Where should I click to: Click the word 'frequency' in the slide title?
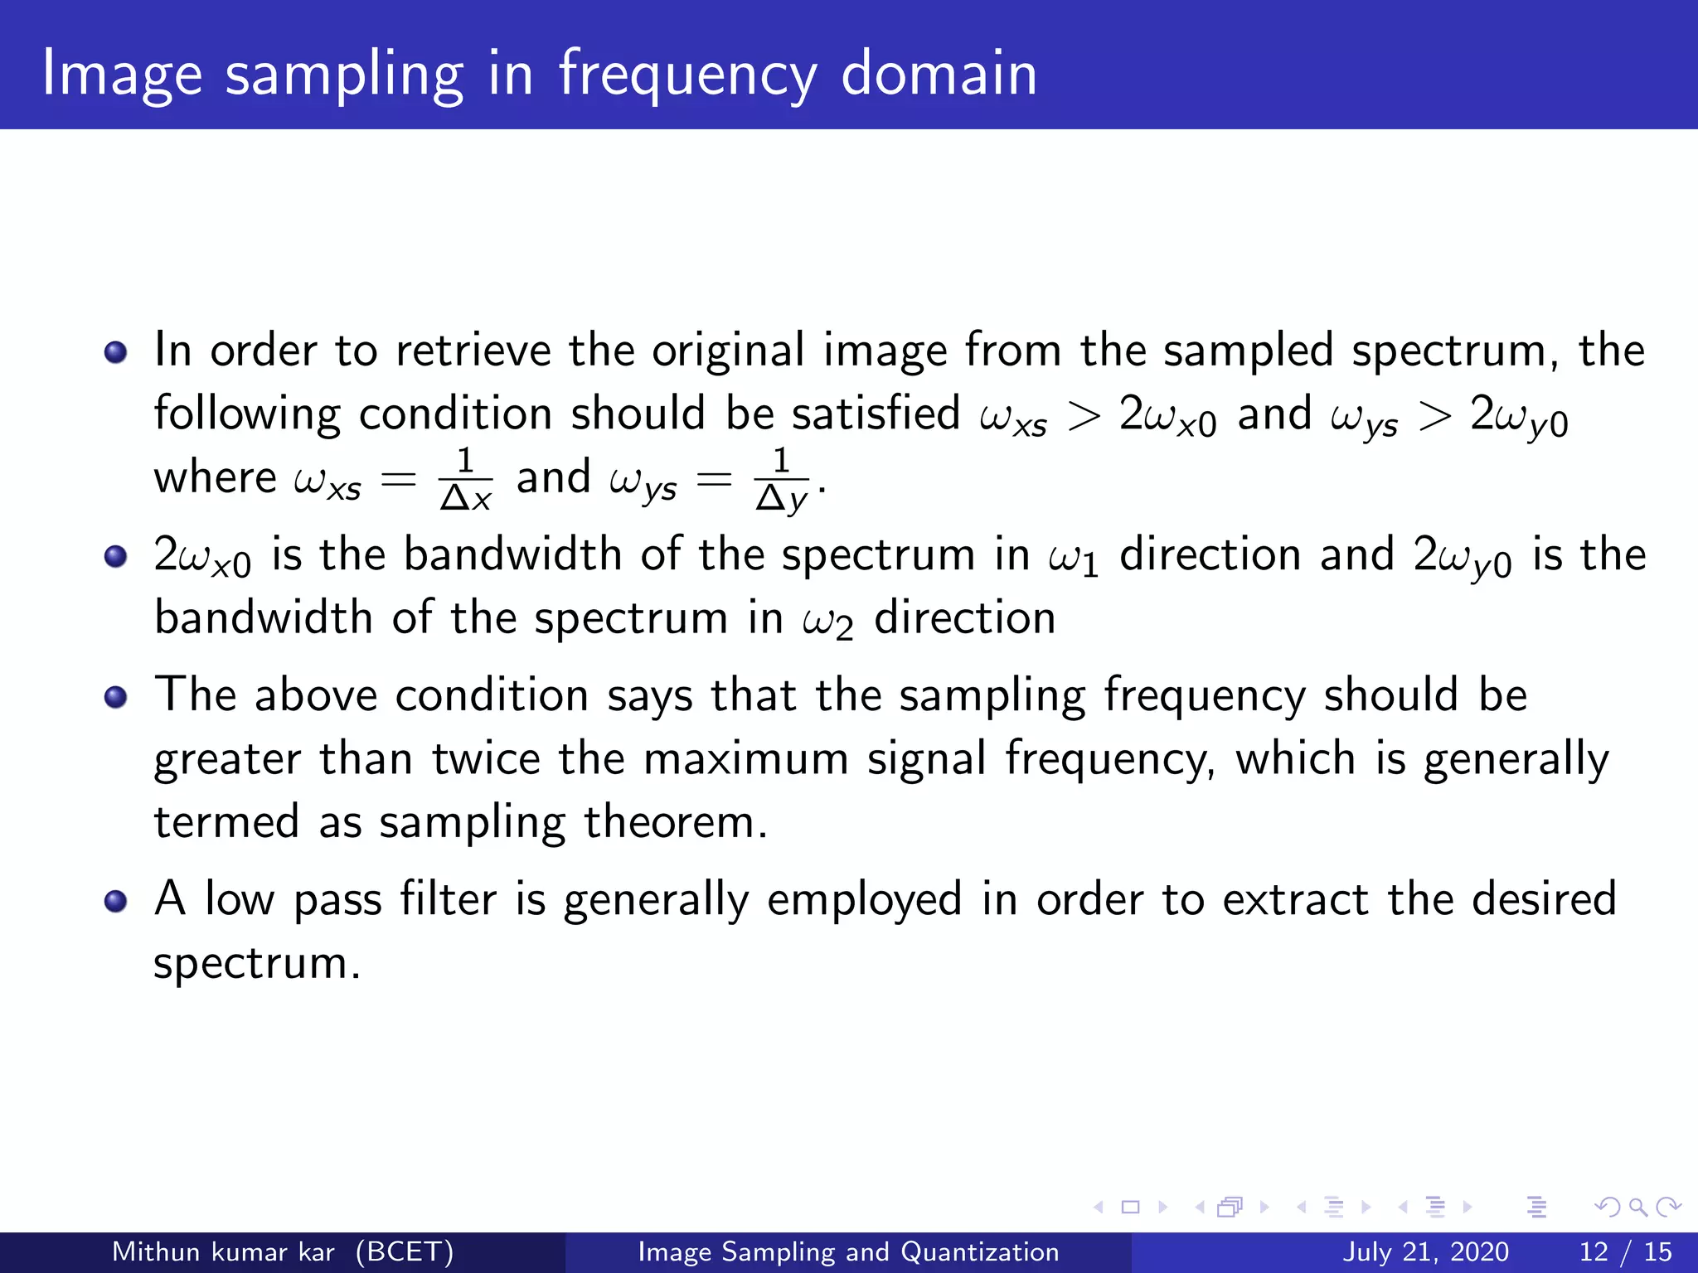tap(687, 75)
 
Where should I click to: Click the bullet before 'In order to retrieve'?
tap(115, 352)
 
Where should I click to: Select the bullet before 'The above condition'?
tap(115, 697)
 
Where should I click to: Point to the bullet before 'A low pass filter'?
tap(115, 901)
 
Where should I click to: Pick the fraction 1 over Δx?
tap(465, 479)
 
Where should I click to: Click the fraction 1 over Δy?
tap(781, 479)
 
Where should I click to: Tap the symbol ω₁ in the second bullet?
tap(1073, 557)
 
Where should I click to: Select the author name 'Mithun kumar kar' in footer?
tap(223, 1251)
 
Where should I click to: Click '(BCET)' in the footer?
tap(405, 1251)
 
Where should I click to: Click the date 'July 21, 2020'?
tap(1425, 1251)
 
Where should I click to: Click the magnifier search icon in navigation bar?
tap(1637, 1208)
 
